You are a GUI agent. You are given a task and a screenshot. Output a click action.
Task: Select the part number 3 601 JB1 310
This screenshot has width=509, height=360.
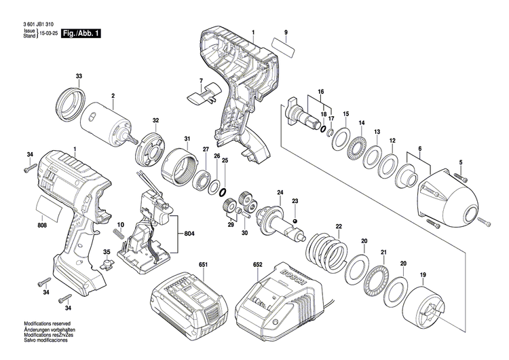(39, 24)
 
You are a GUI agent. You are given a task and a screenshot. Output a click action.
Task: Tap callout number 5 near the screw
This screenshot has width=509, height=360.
(460, 162)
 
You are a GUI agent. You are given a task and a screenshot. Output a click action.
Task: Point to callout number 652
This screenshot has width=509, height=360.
(257, 263)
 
